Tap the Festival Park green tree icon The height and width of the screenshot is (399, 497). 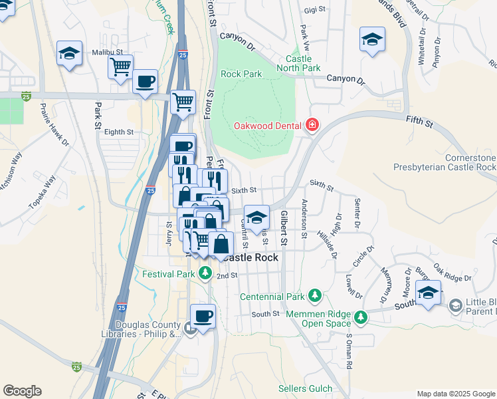(205, 273)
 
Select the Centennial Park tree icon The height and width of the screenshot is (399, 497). (315, 295)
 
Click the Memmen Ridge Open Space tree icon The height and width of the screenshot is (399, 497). (360, 318)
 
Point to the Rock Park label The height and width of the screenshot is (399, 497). (241, 74)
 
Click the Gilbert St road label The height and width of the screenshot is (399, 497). (283, 228)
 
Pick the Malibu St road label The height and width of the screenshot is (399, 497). (108, 52)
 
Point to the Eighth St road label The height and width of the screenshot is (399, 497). (119, 132)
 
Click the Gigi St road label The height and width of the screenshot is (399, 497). (316, 10)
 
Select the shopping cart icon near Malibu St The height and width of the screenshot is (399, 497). (120, 66)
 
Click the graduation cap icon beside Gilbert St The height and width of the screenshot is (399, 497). (256, 217)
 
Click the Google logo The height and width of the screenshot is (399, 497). (23, 391)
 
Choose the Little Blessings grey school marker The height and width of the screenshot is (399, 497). (455, 306)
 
